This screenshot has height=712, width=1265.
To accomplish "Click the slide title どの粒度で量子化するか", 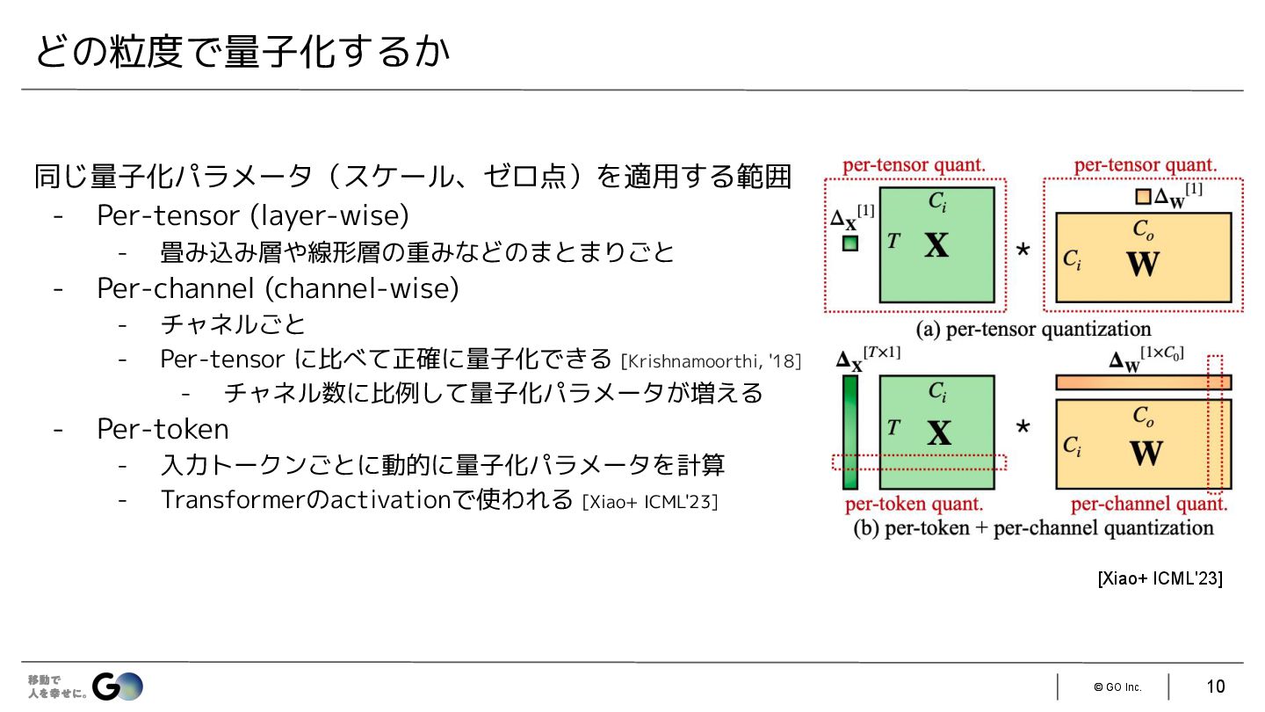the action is point(242,53).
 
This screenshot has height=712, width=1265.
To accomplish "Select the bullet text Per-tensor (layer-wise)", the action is point(253,215).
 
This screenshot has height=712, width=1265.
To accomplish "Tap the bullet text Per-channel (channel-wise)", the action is point(278,287).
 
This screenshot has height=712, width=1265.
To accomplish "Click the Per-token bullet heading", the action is point(163,429).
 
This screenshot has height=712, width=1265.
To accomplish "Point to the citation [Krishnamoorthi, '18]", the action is point(710,361).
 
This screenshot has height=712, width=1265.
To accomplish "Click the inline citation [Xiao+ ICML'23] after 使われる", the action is point(650,502).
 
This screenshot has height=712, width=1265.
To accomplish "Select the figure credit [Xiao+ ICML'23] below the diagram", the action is point(1160,578).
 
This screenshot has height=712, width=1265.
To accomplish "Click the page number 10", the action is point(1216,687).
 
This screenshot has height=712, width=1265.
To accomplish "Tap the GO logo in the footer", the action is point(118,686).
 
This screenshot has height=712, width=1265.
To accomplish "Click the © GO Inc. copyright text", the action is point(1117,687).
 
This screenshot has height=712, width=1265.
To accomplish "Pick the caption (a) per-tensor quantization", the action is point(1033,330).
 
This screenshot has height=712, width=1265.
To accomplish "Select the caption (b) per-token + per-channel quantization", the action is point(1033,528).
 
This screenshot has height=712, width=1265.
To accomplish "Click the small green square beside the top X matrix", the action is point(849,243).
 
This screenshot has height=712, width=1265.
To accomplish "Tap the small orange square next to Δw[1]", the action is point(1143,198).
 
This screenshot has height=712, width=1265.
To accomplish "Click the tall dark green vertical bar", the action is point(849,432).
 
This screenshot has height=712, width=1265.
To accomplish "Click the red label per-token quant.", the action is point(914,505).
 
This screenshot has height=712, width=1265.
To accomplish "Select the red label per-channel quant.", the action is point(1149,505).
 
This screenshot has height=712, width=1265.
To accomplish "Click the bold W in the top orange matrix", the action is point(1143,264).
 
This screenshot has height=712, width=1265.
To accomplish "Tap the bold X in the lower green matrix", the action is point(938,432).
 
